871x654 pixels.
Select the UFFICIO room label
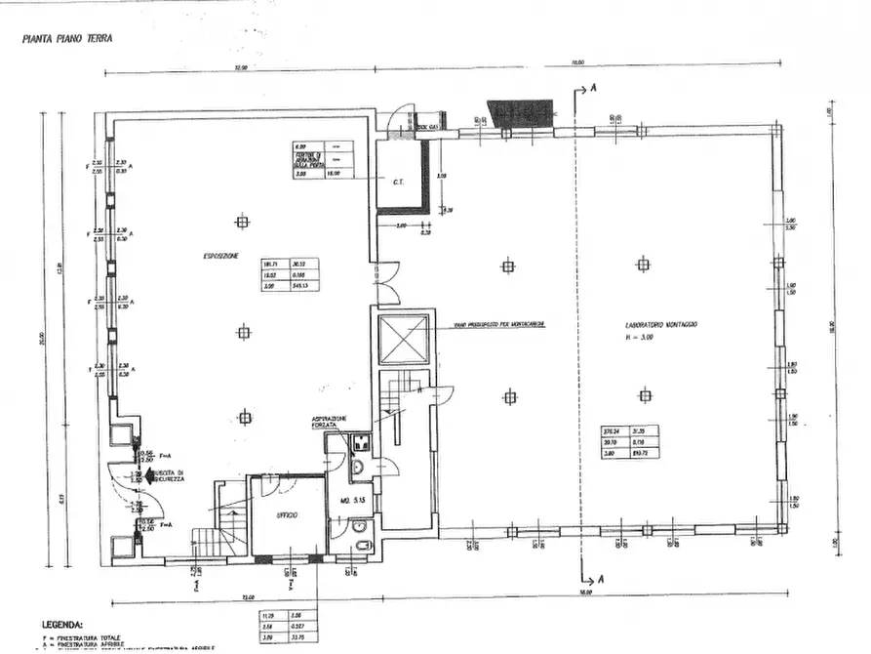[286, 514]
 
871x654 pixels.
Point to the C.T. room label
[398, 181]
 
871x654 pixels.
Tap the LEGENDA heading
[61, 623]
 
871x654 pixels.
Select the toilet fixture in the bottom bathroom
[360, 545]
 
